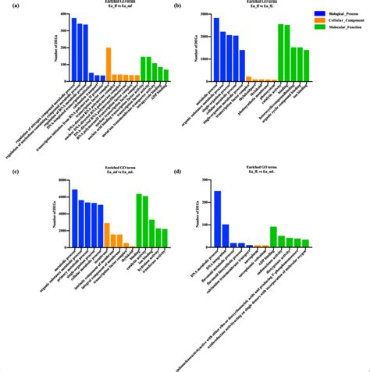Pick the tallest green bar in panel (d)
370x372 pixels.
point(273,237)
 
